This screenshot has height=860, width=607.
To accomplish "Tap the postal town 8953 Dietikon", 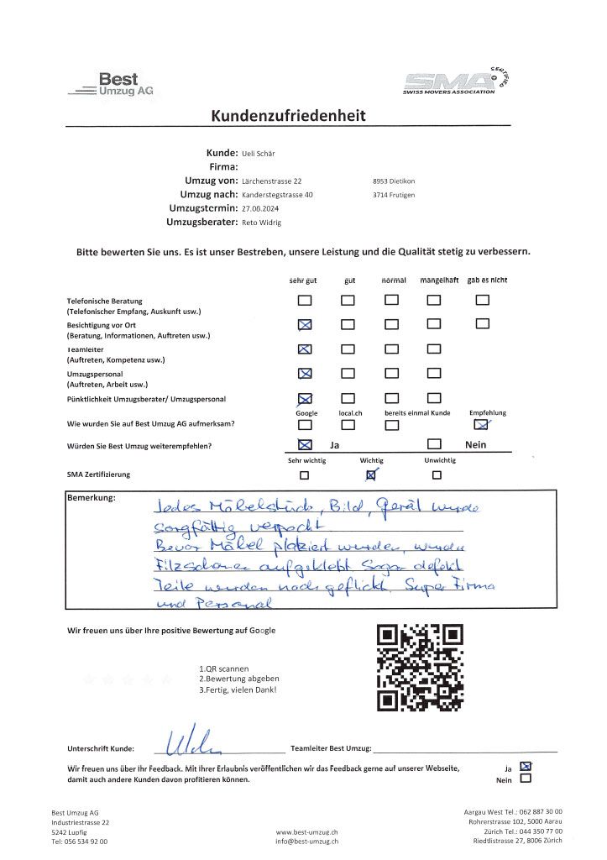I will [x=393, y=181].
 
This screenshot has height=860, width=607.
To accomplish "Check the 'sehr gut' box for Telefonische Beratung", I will [x=305, y=301].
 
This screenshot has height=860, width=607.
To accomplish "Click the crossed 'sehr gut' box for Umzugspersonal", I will [x=305, y=373].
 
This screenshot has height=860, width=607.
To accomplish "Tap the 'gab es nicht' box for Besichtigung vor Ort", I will [x=482, y=323].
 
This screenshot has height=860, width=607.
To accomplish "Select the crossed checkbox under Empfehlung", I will [x=482, y=425].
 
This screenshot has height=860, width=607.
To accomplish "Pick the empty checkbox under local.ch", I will [x=348, y=425].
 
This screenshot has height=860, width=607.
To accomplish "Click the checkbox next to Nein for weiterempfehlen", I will [x=434, y=444].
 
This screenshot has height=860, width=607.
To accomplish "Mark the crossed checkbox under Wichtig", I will [x=371, y=475].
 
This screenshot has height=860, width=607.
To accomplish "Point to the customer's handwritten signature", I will [x=193, y=741].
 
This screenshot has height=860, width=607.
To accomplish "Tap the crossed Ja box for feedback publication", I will [x=526, y=766].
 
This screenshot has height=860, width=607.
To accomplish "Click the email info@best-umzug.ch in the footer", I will [x=306, y=840].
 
